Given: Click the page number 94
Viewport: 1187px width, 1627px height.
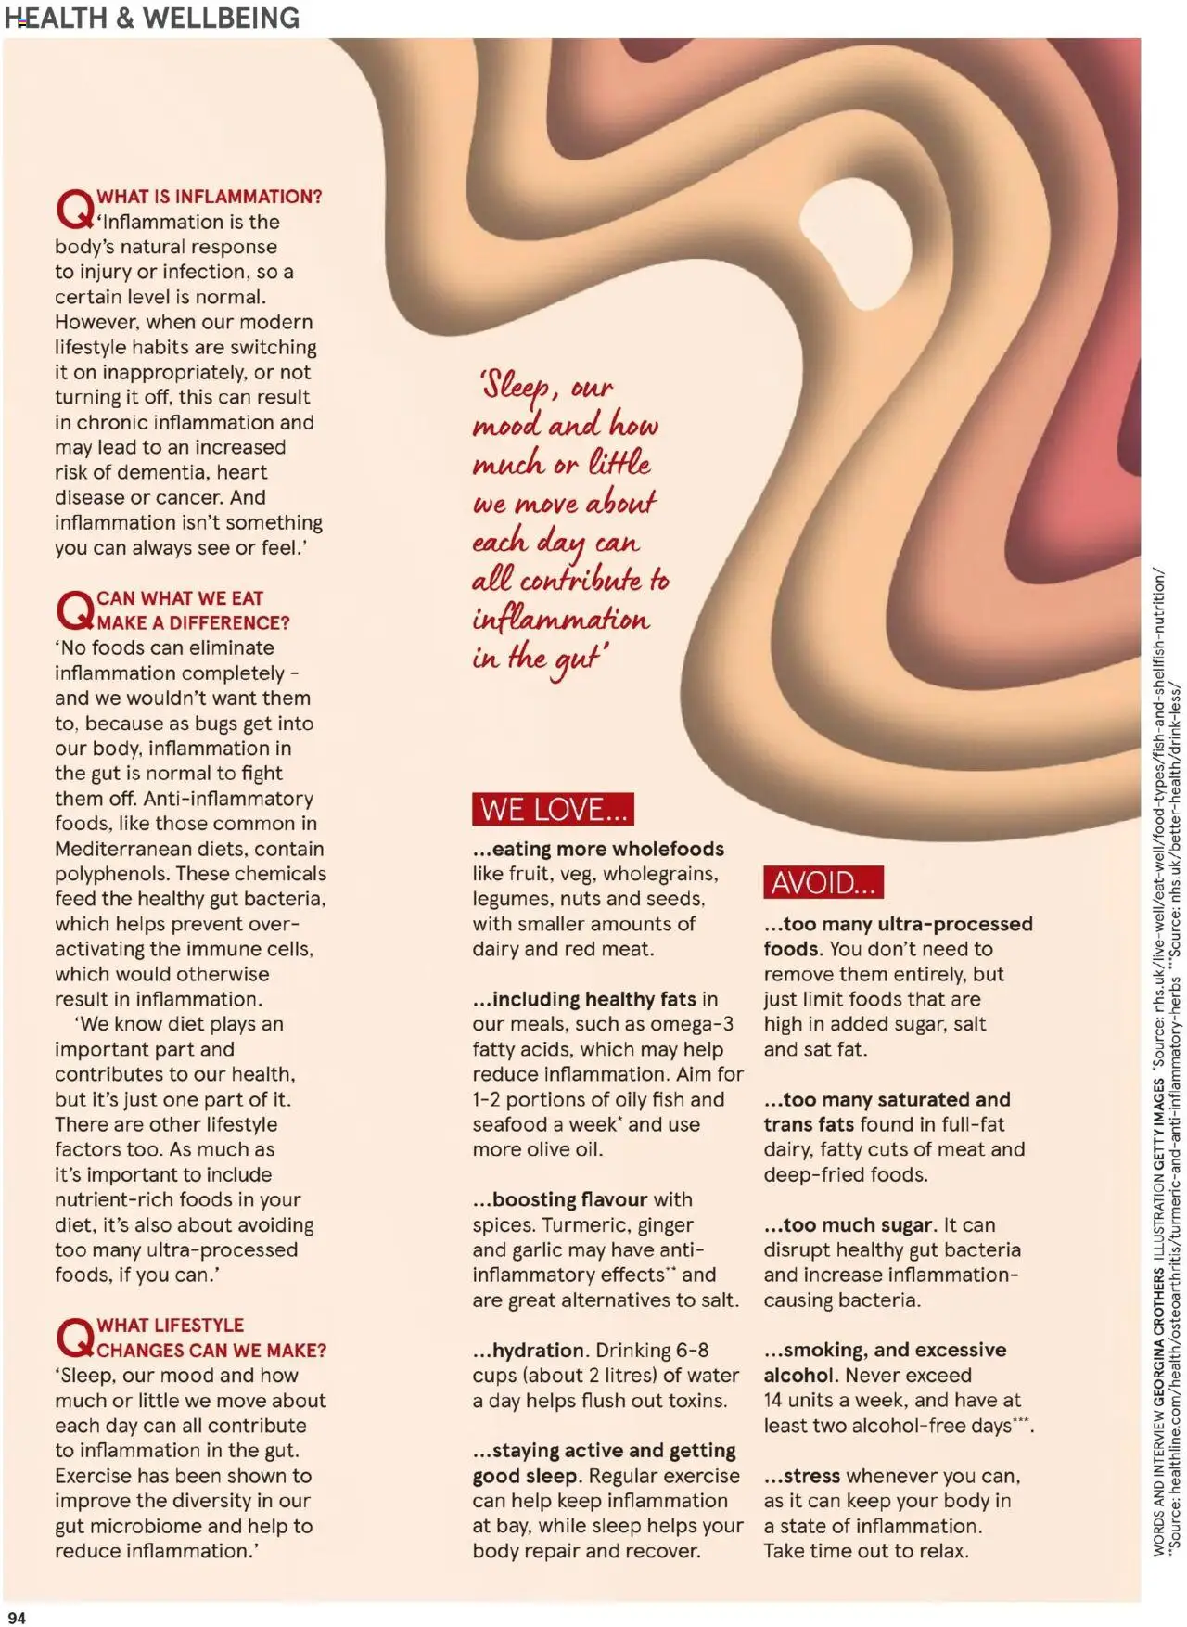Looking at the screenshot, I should [x=17, y=1618].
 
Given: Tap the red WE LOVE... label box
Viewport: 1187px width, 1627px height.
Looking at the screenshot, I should [x=553, y=809].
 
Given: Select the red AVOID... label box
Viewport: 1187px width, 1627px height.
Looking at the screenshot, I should [x=823, y=882].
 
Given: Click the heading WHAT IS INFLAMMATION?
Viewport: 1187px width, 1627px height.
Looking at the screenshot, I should [x=210, y=197].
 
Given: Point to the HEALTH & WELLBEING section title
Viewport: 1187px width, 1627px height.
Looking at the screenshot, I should [x=152, y=18].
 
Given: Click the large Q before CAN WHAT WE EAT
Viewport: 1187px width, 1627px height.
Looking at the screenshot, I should [x=74, y=610].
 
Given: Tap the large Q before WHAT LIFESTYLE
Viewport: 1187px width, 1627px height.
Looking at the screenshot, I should [x=74, y=1338].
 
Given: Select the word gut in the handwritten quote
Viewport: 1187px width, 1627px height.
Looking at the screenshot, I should [x=575, y=660].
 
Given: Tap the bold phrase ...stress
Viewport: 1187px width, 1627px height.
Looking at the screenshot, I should [x=802, y=1476].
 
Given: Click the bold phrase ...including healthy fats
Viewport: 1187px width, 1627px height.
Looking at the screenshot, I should [x=584, y=999].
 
